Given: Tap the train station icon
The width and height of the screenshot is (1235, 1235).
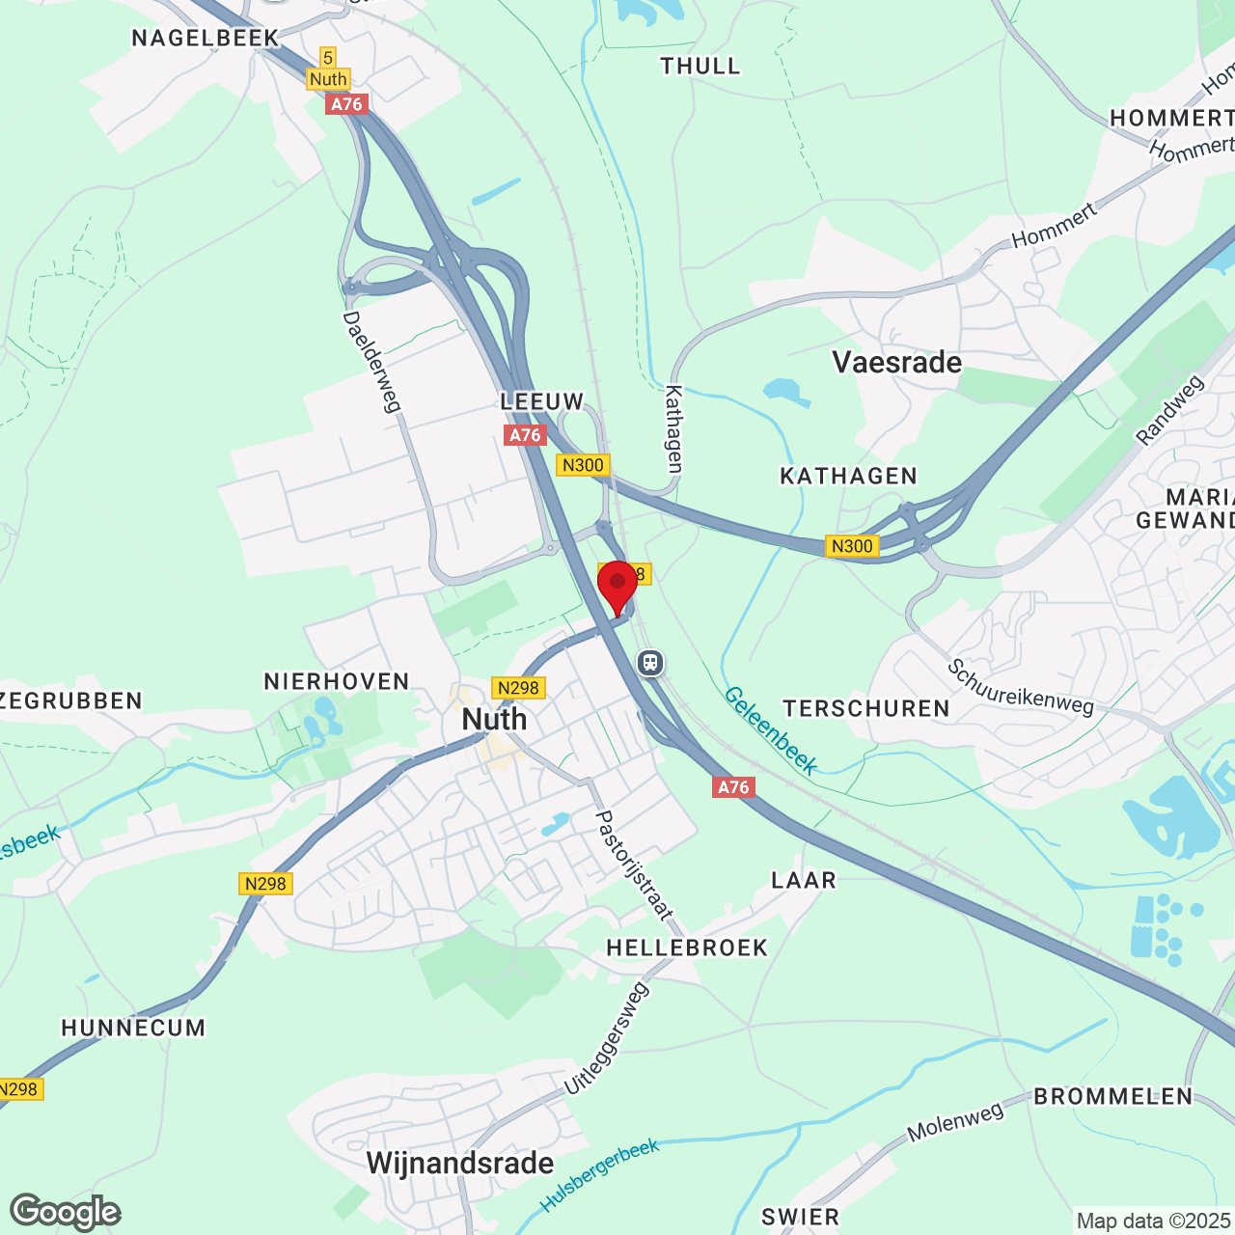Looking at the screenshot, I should (650, 663).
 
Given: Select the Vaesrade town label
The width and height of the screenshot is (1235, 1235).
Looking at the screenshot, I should (896, 363).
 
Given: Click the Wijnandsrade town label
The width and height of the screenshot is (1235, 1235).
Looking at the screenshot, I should (460, 1164).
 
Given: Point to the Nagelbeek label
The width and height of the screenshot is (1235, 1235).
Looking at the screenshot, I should (206, 39).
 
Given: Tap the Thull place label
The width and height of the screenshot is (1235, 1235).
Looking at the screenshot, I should (700, 67).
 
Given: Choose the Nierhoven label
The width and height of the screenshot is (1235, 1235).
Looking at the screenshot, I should (337, 682).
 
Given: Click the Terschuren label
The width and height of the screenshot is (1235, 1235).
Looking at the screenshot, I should (866, 709).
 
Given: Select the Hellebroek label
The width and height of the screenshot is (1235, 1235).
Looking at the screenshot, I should (687, 948).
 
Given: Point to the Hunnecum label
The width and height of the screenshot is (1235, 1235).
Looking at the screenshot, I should (133, 1029).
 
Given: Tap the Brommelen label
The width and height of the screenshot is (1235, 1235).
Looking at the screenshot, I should (1113, 1097).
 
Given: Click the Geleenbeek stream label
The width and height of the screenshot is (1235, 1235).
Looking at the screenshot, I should (771, 729).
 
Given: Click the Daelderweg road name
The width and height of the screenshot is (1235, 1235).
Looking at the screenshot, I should (371, 362).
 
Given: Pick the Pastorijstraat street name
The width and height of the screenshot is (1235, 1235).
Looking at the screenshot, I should (633, 864).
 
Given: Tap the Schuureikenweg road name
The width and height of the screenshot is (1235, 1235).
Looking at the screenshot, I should (1020, 687).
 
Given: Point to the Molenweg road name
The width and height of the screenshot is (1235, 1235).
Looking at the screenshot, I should (955, 1122).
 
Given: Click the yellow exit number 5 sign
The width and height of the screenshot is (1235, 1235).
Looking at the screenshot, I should (328, 58).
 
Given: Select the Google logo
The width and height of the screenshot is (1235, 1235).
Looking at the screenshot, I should (66, 1212).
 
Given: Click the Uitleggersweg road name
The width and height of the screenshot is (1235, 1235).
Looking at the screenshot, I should (606, 1038).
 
